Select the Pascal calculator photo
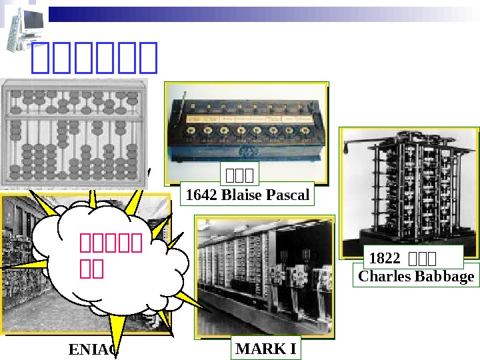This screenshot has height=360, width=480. (246, 127)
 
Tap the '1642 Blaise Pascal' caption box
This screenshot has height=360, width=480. (247, 195)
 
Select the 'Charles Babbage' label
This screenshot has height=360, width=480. (416, 276)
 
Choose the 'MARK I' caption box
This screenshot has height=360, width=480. (266, 349)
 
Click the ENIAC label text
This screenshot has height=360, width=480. (93, 350)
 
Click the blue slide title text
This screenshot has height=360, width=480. (94, 59)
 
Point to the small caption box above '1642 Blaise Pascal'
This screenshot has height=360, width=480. (240, 176)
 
